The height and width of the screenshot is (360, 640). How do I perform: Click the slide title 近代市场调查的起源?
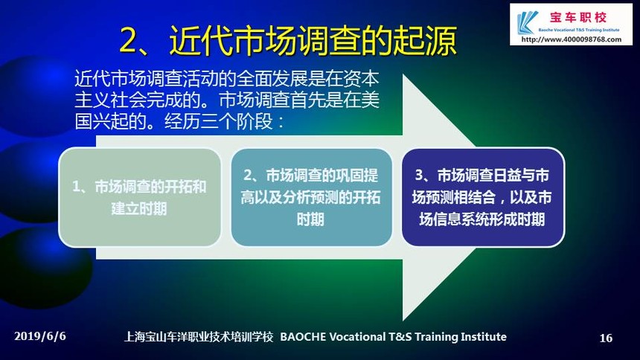(313, 40)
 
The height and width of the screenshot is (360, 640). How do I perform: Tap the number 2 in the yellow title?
(131, 40)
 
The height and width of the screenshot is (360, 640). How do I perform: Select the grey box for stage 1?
(140, 198)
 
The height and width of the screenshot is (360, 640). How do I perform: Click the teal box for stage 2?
(311, 198)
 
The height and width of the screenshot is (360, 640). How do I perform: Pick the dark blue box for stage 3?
(483, 198)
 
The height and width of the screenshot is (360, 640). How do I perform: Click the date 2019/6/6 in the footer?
(40, 336)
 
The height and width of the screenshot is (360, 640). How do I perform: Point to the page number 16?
(606, 338)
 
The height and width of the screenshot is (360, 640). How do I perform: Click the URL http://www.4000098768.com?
(572, 39)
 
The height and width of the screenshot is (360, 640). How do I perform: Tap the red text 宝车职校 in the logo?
(578, 17)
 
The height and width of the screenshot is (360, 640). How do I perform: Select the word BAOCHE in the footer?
(303, 337)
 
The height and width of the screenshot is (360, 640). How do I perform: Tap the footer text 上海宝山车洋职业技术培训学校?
(199, 337)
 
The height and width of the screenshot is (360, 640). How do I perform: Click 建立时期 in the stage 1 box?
(139, 208)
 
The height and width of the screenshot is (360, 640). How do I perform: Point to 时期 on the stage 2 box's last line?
(310, 219)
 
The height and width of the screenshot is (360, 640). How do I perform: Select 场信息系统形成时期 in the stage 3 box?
(481, 219)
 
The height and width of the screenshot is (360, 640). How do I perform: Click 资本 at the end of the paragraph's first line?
(362, 79)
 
